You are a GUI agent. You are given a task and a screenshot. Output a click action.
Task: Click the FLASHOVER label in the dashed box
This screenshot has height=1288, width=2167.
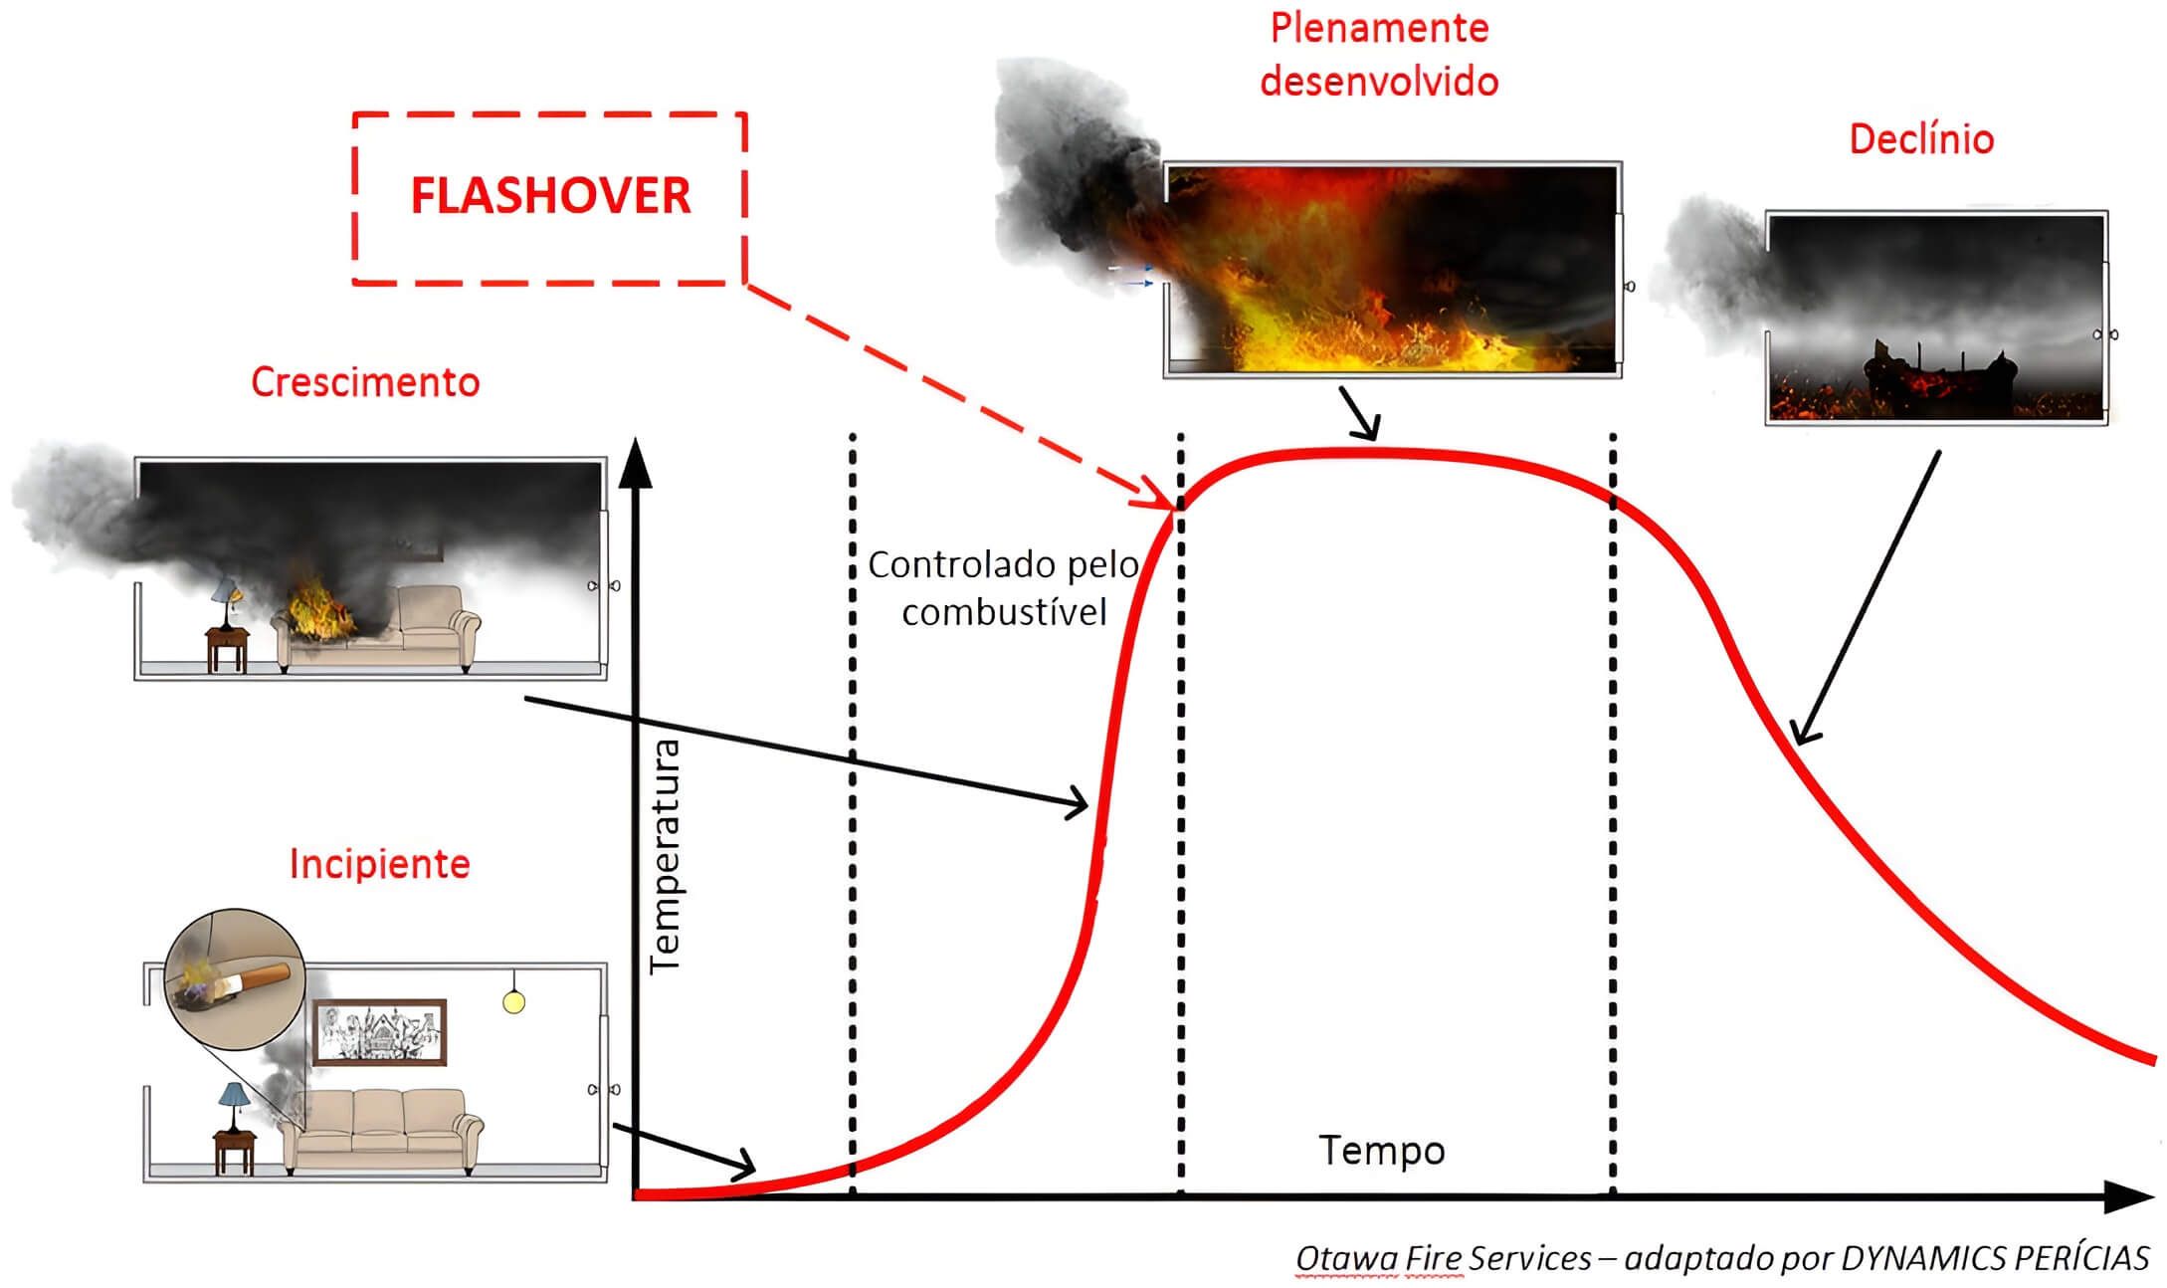click(x=550, y=195)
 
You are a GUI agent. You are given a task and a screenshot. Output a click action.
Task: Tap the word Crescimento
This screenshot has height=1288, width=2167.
click(x=365, y=382)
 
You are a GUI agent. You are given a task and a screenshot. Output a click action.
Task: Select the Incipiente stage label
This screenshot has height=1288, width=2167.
click(x=379, y=864)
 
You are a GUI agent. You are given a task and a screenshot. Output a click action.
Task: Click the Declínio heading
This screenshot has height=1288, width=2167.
click(x=1921, y=139)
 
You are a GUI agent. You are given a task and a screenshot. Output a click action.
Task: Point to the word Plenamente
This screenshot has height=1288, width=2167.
click(x=1379, y=28)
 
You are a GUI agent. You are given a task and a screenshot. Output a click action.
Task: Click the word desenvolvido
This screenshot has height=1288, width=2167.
click(x=1379, y=82)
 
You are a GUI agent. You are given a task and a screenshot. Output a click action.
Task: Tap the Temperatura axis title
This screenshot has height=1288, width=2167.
click(x=665, y=856)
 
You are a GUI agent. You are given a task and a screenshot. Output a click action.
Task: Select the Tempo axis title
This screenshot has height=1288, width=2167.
click(x=1382, y=1151)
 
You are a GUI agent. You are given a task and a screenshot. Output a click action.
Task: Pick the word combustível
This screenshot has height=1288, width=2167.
click(x=1004, y=611)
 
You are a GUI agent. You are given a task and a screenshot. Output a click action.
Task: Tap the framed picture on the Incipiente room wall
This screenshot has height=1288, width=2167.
click(x=379, y=1032)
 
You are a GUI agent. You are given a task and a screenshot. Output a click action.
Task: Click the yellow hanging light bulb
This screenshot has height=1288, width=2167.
click(x=513, y=1001)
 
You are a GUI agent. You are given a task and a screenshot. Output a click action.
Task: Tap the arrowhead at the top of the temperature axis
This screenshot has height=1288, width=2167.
click(x=635, y=464)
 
